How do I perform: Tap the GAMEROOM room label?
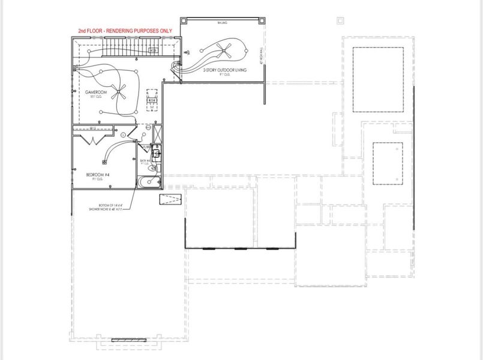click(x=79, y=92)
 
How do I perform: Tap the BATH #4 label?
click(x=145, y=161)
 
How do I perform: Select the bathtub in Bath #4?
click(x=148, y=182)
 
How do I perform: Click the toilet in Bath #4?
click(x=153, y=169)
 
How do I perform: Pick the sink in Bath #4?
click(x=157, y=153)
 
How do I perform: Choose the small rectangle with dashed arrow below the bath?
click(x=166, y=200)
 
